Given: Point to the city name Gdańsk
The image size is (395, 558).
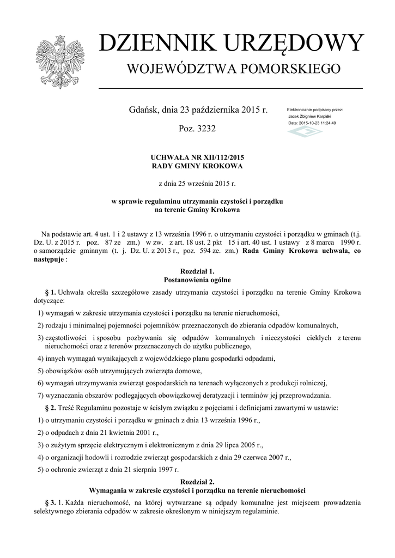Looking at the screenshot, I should (x=143, y=110).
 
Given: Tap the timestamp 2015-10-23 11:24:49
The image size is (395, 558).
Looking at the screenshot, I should (x=319, y=123).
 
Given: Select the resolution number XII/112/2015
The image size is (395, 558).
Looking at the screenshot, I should (x=217, y=157).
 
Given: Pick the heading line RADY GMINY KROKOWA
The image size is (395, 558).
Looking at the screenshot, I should (x=197, y=166).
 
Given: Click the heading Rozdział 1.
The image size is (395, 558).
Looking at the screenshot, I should (x=197, y=271).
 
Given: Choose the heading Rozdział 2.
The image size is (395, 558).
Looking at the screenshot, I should (x=197, y=481).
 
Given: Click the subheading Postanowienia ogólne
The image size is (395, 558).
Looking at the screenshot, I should (x=197, y=280).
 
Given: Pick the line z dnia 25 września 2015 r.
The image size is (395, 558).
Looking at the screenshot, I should (x=197, y=184).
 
